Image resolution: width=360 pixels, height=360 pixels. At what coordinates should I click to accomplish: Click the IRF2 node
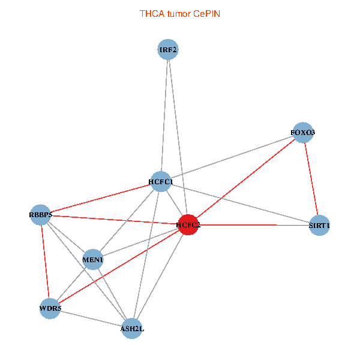(x=169, y=50)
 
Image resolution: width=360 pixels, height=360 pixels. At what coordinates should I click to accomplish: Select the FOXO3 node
(x=302, y=133)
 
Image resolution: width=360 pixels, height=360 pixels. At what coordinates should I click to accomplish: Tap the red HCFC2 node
(x=188, y=225)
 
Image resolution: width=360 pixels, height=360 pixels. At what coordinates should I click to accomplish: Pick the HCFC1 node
(x=161, y=181)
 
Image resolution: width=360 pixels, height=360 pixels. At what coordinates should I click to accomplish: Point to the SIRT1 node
(x=319, y=226)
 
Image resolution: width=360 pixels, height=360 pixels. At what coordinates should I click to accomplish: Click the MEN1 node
(x=93, y=260)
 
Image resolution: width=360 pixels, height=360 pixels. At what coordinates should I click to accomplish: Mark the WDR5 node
(x=50, y=308)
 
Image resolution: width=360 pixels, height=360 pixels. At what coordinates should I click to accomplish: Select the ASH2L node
(x=132, y=328)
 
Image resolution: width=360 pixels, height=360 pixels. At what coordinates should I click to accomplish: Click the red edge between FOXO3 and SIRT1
(x=311, y=179)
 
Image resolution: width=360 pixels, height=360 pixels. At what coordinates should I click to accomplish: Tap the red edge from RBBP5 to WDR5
(x=46, y=261)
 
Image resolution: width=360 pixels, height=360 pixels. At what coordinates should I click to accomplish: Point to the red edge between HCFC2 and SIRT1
(x=240, y=225)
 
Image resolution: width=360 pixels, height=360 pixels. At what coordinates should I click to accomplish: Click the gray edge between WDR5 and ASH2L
(x=91, y=318)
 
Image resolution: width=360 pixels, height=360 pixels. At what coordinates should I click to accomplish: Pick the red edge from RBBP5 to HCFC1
(x=101, y=197)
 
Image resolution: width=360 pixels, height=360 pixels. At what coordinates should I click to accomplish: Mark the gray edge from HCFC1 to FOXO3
(x=232, y=157)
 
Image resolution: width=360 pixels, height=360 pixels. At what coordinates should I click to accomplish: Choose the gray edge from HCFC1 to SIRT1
(x=240, y=203)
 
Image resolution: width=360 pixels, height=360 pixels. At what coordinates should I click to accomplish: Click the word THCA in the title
(x=151, y=13)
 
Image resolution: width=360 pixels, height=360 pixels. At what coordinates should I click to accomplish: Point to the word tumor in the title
(x=178, y=13)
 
